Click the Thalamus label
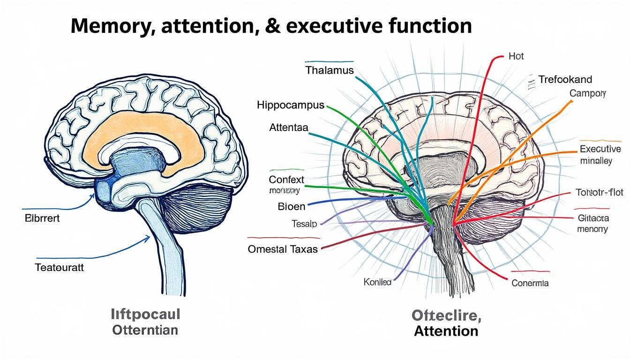coord(330,70)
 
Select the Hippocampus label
coord(291,105)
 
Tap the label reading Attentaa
coord(289,127)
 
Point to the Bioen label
coord(292,206)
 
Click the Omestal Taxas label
coord(283,249)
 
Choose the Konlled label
coord(377,282)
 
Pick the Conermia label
coord(530,283)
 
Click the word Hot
coord(516,56)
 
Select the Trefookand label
coord(565,79)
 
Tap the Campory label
coord(588,93)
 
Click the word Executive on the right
coord(600,150)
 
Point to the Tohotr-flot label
coord(598,192)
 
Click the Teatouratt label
coord(59,268)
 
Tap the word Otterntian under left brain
coord(145,330)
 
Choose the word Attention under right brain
coord(446,331)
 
